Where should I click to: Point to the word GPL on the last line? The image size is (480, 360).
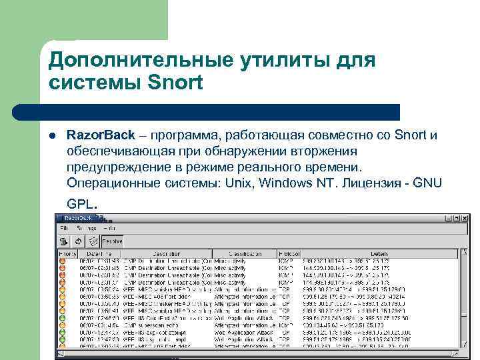pos(81,204)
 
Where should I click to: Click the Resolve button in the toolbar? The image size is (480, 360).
pos(111,241)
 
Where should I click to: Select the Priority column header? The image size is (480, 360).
pos(68,254)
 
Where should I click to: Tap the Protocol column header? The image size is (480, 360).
pos(288,254)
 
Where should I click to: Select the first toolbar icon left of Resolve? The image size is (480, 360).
pos(63,241)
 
